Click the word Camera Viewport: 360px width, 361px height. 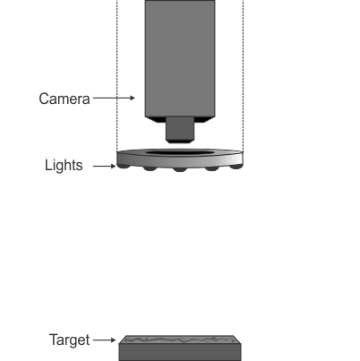[64, 99]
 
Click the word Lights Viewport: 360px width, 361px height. [64, 165]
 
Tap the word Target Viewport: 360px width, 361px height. [69, 340]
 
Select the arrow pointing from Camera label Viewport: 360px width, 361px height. [114, 98]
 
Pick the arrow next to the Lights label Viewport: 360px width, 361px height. [104, 166]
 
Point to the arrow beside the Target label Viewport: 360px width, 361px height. [104, 340]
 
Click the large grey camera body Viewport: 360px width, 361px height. [180, 58]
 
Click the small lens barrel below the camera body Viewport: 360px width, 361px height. [180, 129]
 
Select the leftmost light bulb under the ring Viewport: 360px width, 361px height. [124, 166]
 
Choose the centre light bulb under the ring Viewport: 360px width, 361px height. [180, 169]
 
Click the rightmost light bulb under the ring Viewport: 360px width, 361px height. [236, 167]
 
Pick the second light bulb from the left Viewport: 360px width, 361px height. [150, 168]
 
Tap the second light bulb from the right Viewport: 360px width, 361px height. [211, 168]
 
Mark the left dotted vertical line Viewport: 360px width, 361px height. [117, 75]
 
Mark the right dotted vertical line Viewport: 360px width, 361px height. [244, 75]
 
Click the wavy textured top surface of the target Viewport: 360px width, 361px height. [180, 340]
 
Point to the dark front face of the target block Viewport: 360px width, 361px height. [180, 352]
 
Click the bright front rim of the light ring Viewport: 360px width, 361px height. [180, 161]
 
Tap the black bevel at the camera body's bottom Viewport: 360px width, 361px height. [180, 120]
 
